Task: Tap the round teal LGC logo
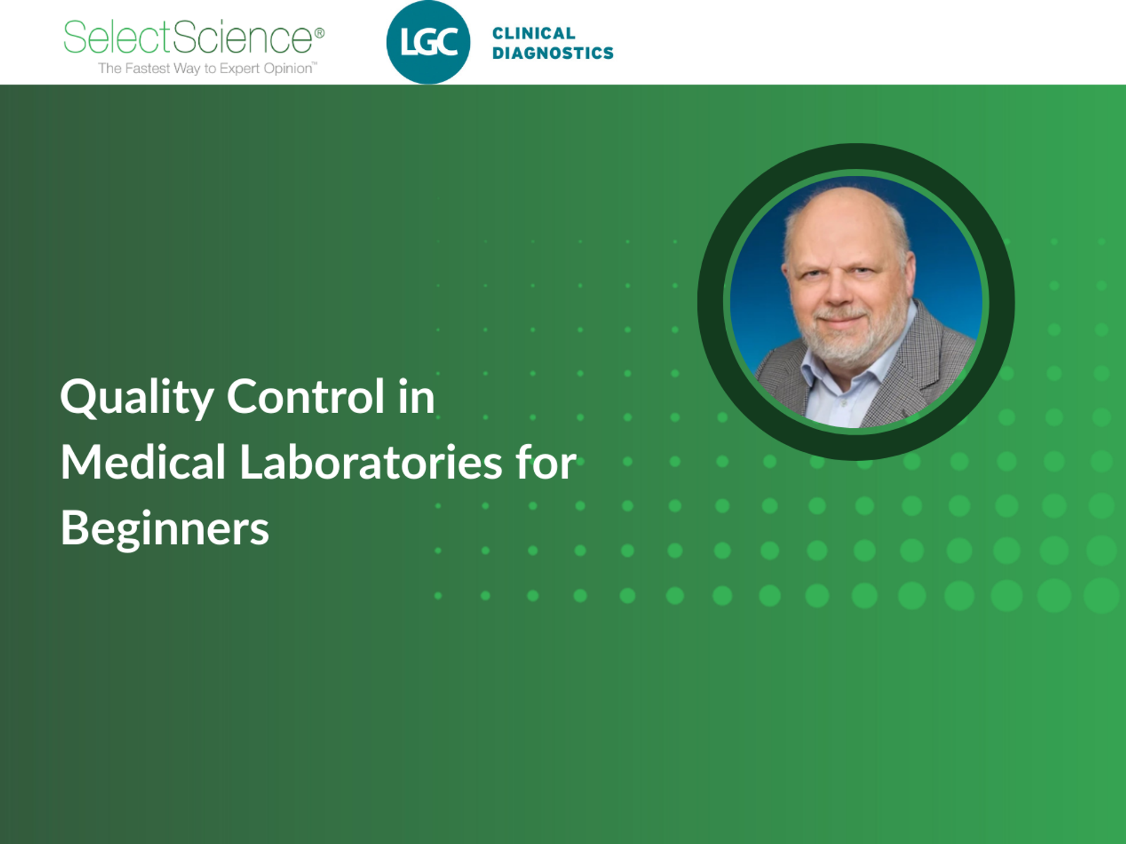(x=428, y=42)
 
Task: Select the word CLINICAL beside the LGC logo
(x=534, y=33)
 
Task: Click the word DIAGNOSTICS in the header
(x=552, y=53)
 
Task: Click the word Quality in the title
(x=137, y=397)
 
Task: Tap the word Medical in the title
(x=143, y=462)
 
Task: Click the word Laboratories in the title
(x=371, y=462)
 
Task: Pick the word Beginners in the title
(x=165, y=529)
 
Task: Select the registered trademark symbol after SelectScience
(x=320, y=33)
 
